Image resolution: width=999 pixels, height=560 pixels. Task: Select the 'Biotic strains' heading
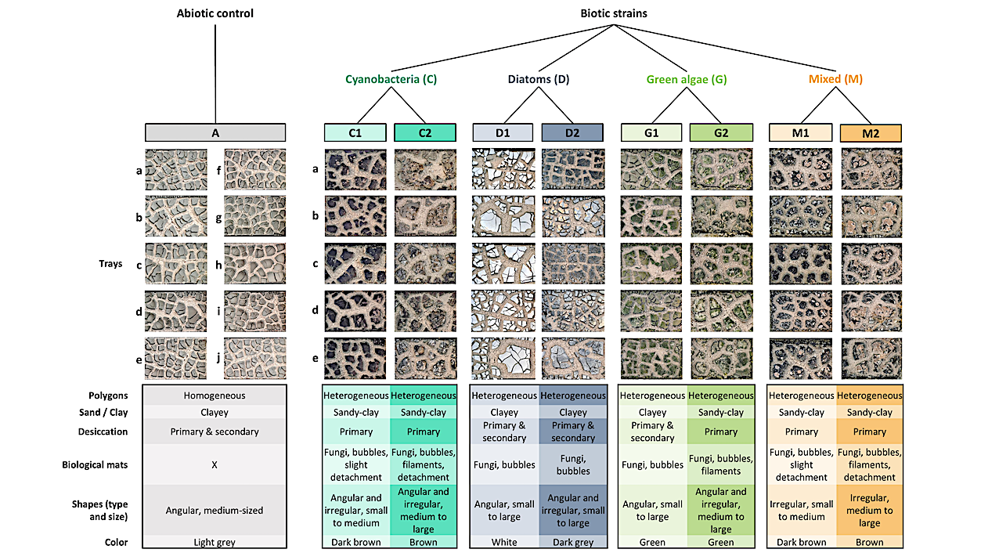[x=614, y=13]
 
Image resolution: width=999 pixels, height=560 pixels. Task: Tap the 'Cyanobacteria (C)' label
[x=391, y=79]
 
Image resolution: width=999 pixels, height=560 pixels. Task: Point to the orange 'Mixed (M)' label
[x=835, y=79]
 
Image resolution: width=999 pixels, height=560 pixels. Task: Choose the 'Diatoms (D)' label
[x=537, y=79]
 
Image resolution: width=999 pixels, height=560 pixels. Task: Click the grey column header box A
[x=215, y=133]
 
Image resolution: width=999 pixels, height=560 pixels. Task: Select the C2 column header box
[x=424, y=133]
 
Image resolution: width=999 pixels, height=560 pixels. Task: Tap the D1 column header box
[x=503, y=133]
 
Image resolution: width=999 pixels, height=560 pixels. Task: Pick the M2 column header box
[x=871, y=133]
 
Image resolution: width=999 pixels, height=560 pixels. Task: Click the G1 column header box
[x=651, y=133]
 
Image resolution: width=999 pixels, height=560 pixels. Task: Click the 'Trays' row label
[x=110, y=264]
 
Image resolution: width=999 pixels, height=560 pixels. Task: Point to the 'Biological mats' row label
[x=95, y=464]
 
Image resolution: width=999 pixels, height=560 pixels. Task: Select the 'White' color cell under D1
[x=504, y=542]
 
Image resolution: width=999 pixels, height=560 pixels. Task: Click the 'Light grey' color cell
[x=215, y=542]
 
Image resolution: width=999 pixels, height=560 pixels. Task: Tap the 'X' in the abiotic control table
[x=215, y=464]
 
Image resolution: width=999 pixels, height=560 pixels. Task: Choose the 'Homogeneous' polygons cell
[x=215, y=396]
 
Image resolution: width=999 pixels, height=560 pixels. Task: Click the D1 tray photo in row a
[x=503, y=168]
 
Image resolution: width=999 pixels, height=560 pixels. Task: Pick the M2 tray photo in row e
[x=871, y=358]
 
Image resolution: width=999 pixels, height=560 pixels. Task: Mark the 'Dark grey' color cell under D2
[x=573, y=542]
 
